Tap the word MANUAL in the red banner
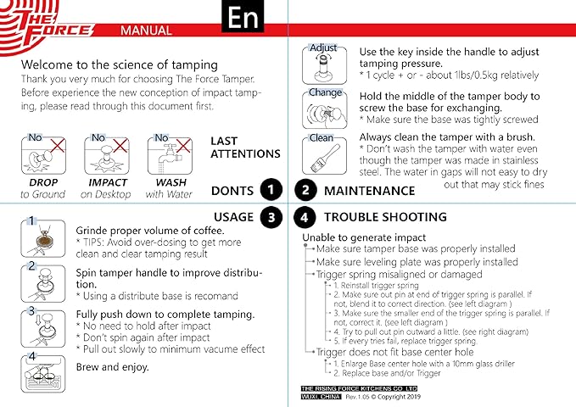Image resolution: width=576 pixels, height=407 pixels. pos(148,31)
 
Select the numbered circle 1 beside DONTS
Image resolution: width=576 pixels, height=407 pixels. pos(271,190)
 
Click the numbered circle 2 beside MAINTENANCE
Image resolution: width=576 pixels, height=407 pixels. pos(305,190)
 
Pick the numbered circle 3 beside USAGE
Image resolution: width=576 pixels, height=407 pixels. pos(271,217)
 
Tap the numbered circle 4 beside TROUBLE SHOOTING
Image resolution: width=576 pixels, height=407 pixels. pos(305,217)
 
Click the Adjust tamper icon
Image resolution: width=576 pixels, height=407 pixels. pos(324,63)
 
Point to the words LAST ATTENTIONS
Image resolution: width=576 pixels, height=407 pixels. pos(245,148)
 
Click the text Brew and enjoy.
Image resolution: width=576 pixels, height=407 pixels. pos(112,367)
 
